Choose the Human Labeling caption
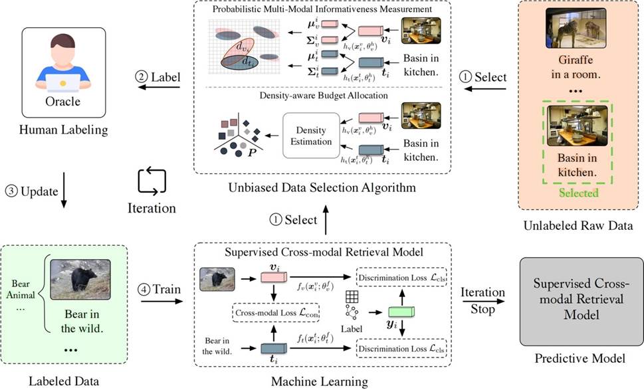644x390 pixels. [64, 130]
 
